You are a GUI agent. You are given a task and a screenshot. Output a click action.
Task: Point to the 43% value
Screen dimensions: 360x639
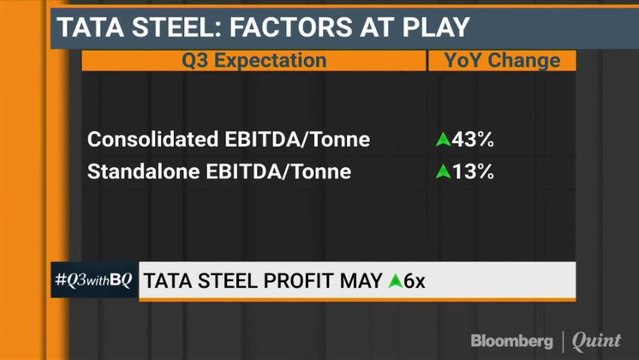tap(475, 139)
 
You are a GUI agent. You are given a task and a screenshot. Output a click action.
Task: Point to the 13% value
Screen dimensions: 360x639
tap(475, 172)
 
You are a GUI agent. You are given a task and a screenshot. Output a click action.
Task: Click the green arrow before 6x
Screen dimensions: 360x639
tap(395, 281)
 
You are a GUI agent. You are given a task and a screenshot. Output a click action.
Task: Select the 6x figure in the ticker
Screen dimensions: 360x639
tap(414, 281)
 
